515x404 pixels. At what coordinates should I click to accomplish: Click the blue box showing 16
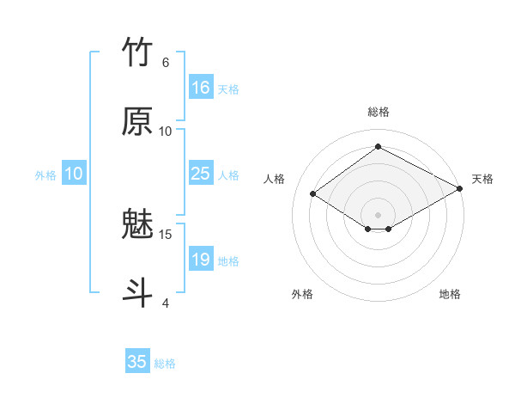201,88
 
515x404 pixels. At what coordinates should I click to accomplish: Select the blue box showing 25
201,174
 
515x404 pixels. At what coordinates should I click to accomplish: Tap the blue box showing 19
201,260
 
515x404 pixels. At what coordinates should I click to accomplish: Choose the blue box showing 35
137,362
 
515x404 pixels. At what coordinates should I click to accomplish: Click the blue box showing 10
74,174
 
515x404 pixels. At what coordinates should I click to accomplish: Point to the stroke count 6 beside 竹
165,62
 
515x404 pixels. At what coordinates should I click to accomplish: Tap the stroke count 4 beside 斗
165,303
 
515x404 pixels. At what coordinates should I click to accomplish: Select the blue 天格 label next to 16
227,89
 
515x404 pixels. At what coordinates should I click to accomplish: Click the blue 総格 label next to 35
165,363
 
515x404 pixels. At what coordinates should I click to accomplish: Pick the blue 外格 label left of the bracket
45,174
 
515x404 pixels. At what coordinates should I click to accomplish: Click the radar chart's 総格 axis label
378,112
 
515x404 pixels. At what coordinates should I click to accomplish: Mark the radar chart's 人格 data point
313,194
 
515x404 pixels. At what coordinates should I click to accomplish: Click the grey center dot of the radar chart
378,214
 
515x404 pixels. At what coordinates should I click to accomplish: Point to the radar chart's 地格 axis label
450,294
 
